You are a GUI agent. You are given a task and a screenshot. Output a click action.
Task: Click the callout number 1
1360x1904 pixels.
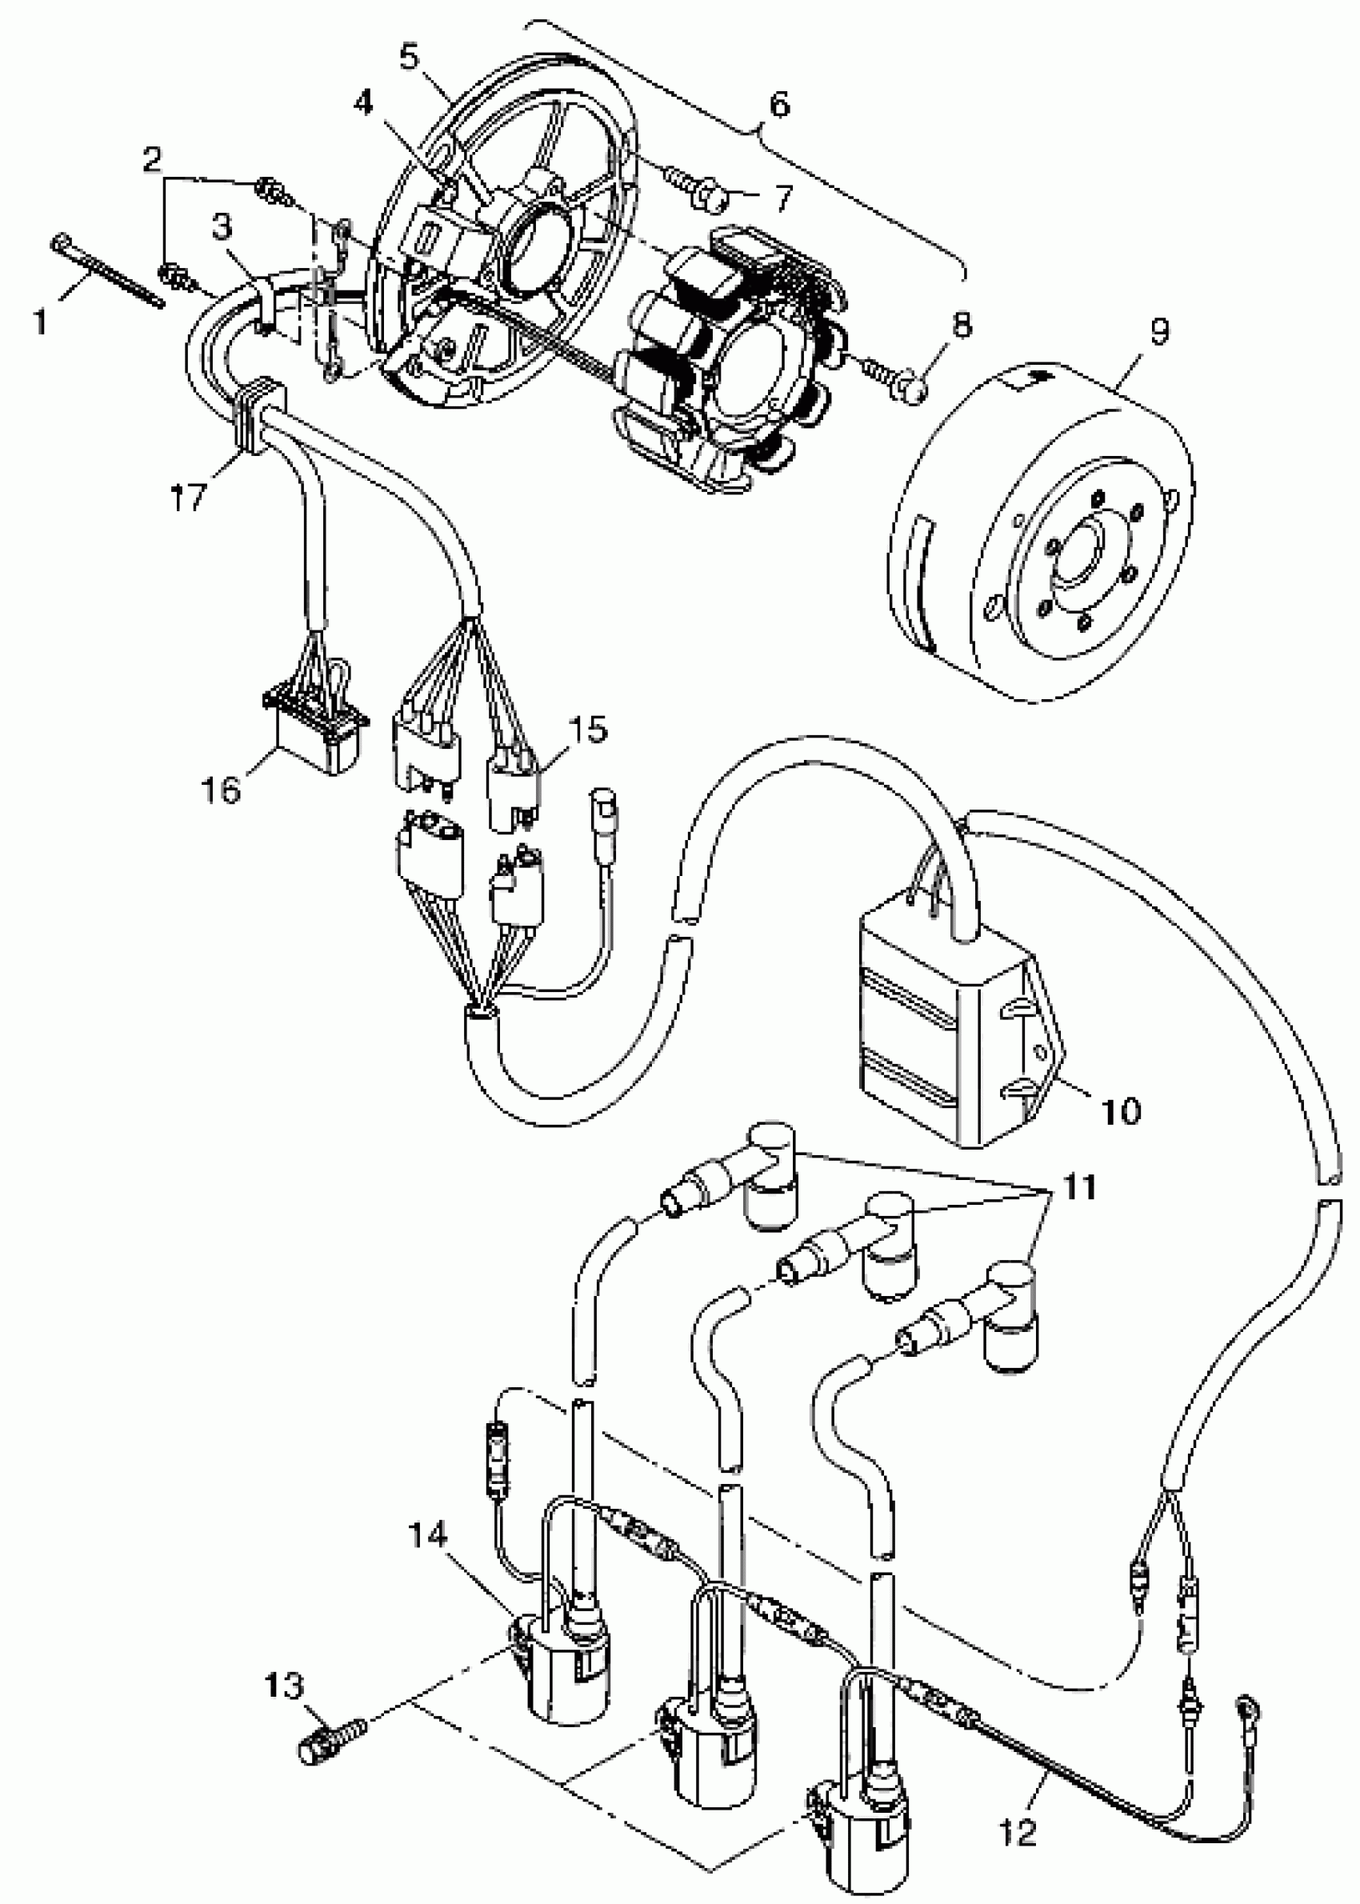click(40, 320)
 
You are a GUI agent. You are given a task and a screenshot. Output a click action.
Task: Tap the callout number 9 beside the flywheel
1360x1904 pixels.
click(1158, 333)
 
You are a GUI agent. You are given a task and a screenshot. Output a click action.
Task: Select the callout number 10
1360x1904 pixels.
click(1120, 1111)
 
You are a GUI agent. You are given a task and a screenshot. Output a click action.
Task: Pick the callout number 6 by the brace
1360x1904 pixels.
click(779, 106)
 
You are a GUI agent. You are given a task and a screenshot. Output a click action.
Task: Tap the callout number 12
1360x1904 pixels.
click(1018, 1832)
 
